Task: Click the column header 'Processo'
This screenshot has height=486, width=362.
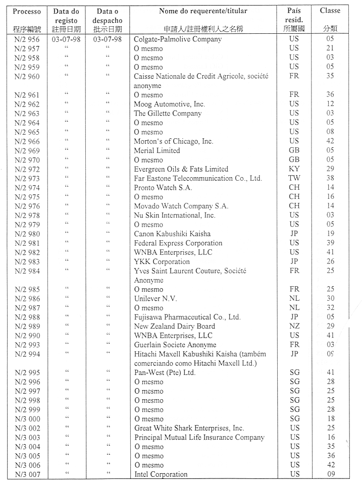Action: tap(27, 11)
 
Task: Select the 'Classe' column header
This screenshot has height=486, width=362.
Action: tap(330, 11)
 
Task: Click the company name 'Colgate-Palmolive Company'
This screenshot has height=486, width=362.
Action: tap(177, 39)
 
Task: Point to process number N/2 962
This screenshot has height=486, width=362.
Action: tap(27, 104)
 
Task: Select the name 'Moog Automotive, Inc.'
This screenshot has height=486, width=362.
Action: tap(168, 104)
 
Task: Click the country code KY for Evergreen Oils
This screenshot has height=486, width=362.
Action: tap(294, 169)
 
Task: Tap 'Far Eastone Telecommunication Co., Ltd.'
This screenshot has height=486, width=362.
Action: tap(198, 178)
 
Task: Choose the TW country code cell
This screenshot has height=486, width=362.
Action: tap(294, 178)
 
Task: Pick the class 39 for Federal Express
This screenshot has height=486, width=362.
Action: tap(330, 243)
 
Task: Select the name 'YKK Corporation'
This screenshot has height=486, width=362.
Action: tap(162, 261)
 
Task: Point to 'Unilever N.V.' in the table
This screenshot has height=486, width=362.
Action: tap(155, 298)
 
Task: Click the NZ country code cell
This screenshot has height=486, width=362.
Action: tap(294, 326)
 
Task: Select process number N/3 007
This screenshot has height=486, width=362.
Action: tap(27, 474)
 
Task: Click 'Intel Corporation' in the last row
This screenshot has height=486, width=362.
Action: tap(161, 474)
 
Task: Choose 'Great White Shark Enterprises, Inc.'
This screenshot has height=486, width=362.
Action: tap(189, 428)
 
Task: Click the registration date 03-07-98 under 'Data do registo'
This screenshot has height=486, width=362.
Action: tap(66, 39)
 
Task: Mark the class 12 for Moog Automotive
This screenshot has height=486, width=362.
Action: tap(330, 104)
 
